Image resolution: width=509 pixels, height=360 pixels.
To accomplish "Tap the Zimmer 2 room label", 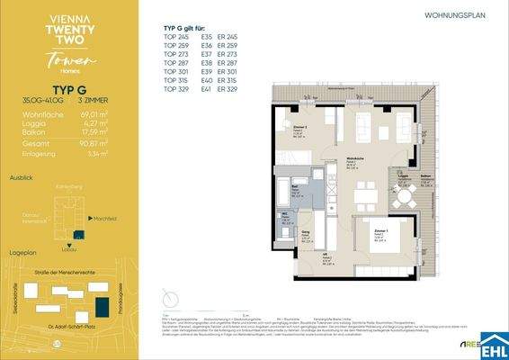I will pos(300,129).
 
